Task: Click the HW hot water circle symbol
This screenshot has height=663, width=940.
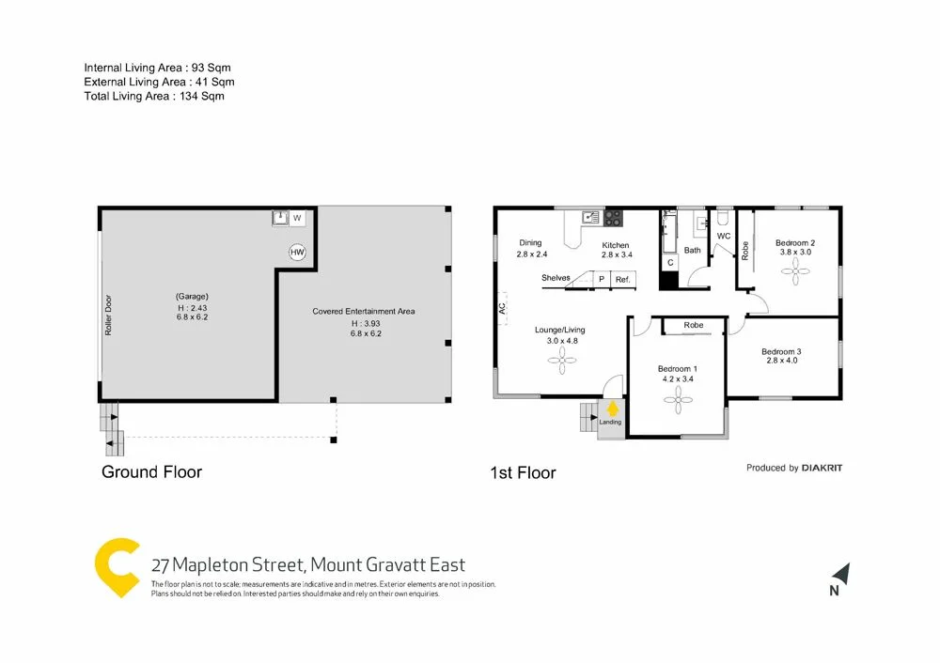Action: (297, 252)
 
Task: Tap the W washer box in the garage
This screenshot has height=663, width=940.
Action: (297, 218)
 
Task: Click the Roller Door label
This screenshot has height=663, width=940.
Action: (109, 318)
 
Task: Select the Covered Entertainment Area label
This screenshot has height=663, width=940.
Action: (364, 311)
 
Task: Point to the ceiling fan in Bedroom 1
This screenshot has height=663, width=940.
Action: (677, 401)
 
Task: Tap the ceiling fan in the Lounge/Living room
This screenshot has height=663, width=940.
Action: (560, 362)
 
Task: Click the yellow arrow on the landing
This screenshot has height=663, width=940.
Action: (612, 409)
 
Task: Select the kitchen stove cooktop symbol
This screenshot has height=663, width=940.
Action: (612, 218)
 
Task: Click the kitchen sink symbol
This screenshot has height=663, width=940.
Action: (590, 217)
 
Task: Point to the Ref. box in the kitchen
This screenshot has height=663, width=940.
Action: (622, 279)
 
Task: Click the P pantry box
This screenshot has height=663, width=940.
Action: (600, 279)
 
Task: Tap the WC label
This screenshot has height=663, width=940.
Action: (724, 236)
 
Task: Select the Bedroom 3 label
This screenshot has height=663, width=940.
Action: (783, 351)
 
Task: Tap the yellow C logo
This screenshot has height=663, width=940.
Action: (117, 569)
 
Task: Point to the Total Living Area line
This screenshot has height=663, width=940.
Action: (154, 96)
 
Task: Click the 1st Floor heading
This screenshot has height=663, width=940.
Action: (523, 472)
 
